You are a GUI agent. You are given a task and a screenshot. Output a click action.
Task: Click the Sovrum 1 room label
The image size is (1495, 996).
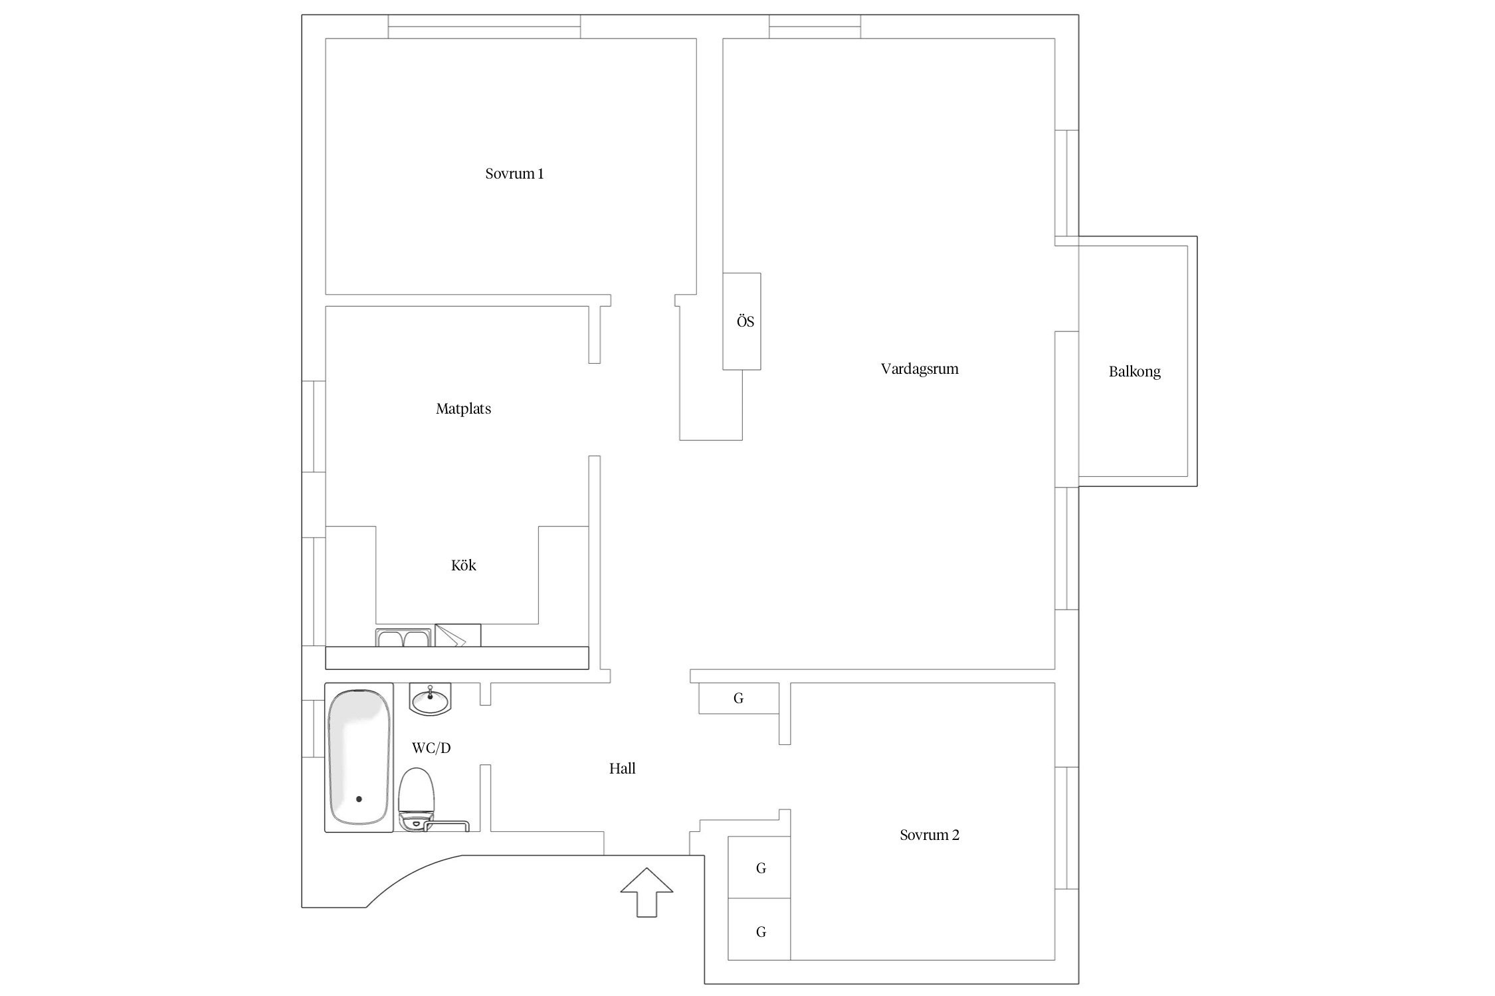(514, 174)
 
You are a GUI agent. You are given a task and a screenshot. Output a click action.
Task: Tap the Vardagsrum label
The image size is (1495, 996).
(920, 369)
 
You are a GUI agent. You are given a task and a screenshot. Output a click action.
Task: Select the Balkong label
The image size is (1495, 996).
(1134, 372)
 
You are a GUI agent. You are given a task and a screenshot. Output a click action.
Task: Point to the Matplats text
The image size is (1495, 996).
(463, 409)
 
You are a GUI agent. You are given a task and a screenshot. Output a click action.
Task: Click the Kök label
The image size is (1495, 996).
(463, 566)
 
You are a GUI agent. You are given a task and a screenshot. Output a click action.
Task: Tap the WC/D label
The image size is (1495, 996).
(431, 748)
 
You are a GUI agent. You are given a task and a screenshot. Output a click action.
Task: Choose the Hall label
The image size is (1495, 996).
(622, 769)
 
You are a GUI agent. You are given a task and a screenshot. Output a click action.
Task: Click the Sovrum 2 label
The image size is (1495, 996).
(929, 835)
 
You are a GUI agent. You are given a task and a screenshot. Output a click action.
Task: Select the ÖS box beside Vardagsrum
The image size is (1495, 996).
(742, 321)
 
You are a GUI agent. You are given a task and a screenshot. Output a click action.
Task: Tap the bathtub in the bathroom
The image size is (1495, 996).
(359, 757)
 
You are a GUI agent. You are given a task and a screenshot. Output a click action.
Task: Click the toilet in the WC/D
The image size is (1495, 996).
(417, 797)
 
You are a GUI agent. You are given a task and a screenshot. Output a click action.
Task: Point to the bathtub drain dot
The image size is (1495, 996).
(359, 799)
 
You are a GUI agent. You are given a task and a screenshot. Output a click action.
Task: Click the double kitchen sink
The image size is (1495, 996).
(403, 638)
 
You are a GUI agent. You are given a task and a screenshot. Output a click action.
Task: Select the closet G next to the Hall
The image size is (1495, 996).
(738, 699)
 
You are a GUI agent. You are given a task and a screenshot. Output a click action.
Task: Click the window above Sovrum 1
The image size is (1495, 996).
(484, 27)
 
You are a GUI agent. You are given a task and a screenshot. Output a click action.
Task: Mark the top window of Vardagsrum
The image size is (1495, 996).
(815, 27)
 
